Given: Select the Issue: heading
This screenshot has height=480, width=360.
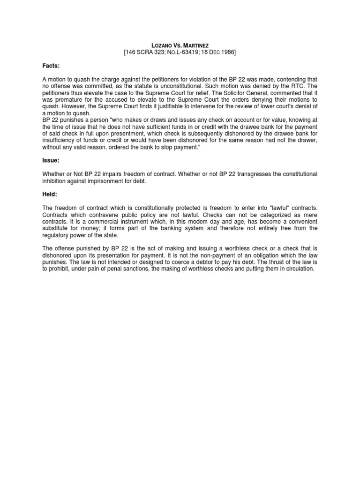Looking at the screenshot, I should [51, 160].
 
